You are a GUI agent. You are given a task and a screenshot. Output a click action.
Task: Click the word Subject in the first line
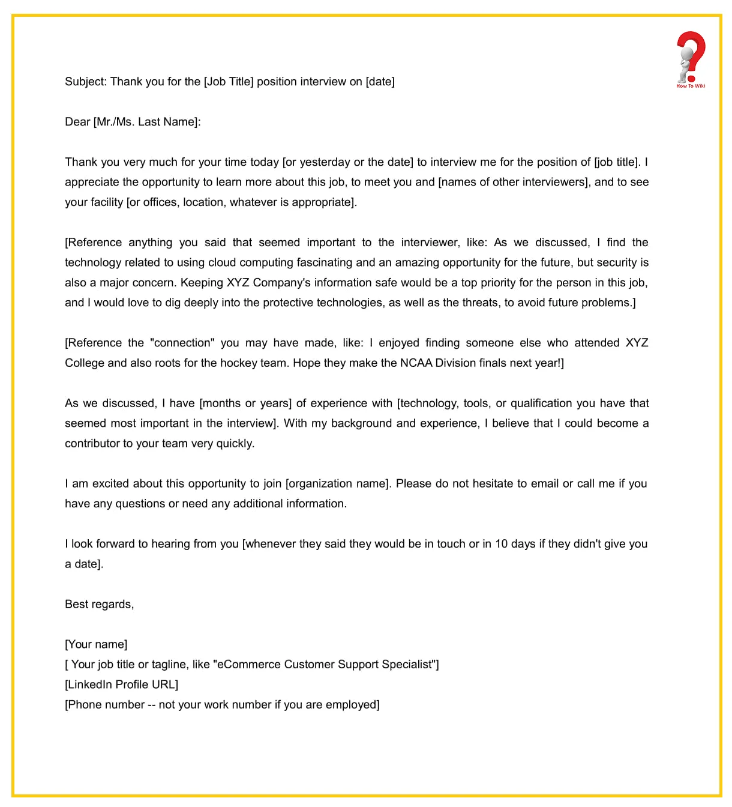(x=85, y=82)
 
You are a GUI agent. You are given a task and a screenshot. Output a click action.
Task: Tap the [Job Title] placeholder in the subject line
(x=229, y=82)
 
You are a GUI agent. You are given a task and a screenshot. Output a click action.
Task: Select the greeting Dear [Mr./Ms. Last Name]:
(x=133, y=122)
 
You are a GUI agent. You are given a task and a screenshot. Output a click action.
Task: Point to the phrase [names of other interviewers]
(x=513, y=182)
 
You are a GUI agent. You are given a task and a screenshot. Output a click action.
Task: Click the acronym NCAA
(x=416, y=363)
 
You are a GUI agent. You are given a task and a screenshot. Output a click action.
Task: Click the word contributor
(x=92, y=443)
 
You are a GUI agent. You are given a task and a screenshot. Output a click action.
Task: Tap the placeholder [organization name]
(x=338, y=483)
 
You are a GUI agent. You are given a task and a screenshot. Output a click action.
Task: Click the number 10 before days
(x=501, y=544)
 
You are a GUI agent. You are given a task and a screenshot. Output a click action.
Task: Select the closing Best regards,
(x=99, y=604)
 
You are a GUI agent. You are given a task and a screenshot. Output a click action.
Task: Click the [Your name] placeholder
(x=96, y=644)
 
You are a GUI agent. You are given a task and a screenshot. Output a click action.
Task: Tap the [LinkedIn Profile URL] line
(x=121, y=685)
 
